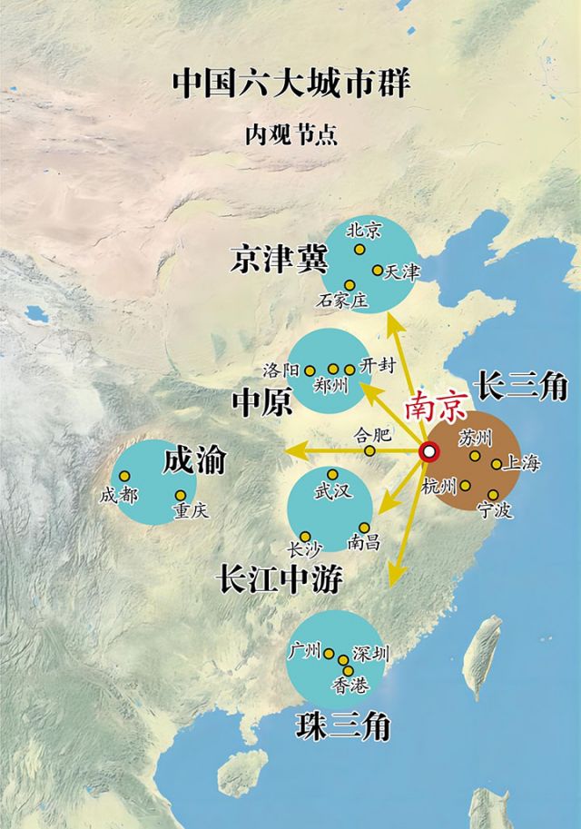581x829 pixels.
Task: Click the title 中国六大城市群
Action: click(290, 84)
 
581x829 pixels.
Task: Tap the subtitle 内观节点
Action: click(290, 136)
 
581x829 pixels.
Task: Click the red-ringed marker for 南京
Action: click(428, 449)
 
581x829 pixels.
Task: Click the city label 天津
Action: click(402, 271)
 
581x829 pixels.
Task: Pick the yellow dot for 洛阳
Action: click(310, 370)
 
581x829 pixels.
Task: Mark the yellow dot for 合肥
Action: click(369, 450)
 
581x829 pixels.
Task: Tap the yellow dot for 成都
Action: click(124, 476)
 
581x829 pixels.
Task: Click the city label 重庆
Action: click(190, 511)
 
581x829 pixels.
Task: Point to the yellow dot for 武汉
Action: click(332, 474)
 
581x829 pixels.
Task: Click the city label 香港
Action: click(350, 686)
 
